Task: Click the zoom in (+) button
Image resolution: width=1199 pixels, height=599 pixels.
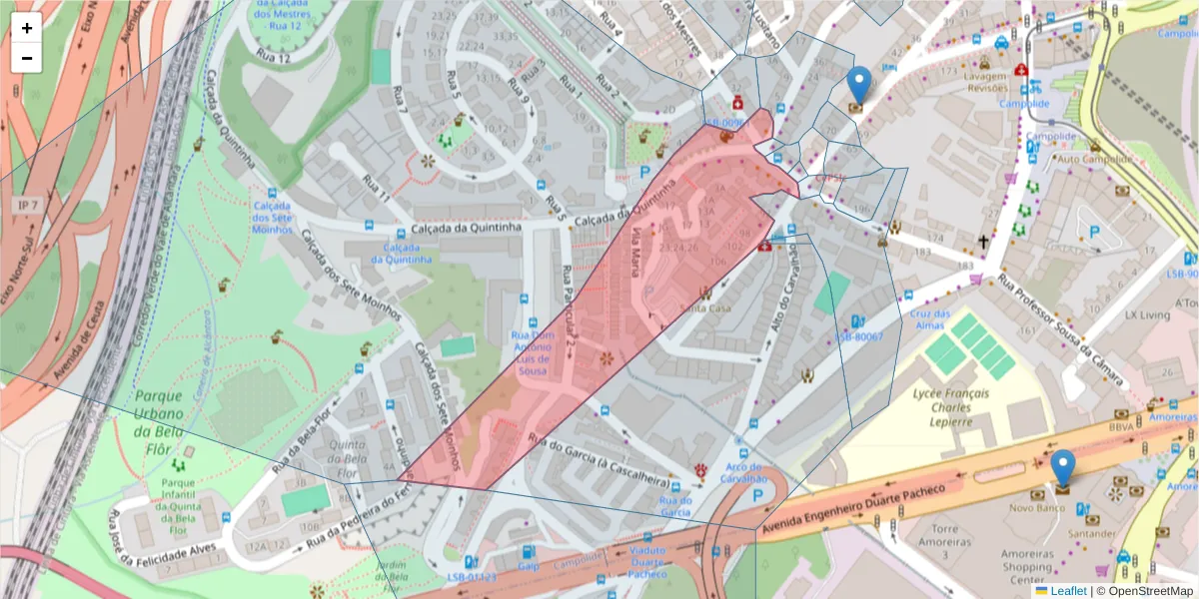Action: [27, 28]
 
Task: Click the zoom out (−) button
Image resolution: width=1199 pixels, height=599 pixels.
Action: [27, 58]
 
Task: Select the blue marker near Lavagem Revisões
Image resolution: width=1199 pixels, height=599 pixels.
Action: [858, 86]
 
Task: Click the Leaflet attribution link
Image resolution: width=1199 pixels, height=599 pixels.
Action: [1068, 591]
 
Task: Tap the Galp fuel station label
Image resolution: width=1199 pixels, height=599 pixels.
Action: [529, 566]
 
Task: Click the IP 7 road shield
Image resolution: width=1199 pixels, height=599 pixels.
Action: [27, 205]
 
